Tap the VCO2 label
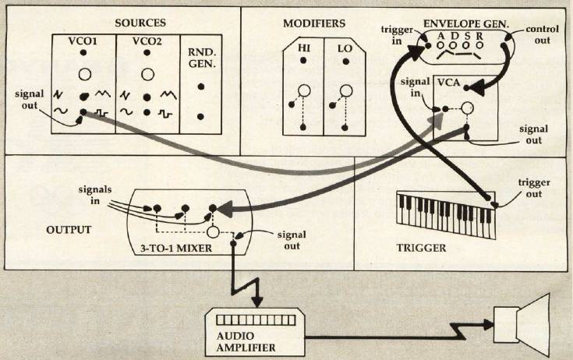click(147, 41)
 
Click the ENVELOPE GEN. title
click(466, 24)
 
